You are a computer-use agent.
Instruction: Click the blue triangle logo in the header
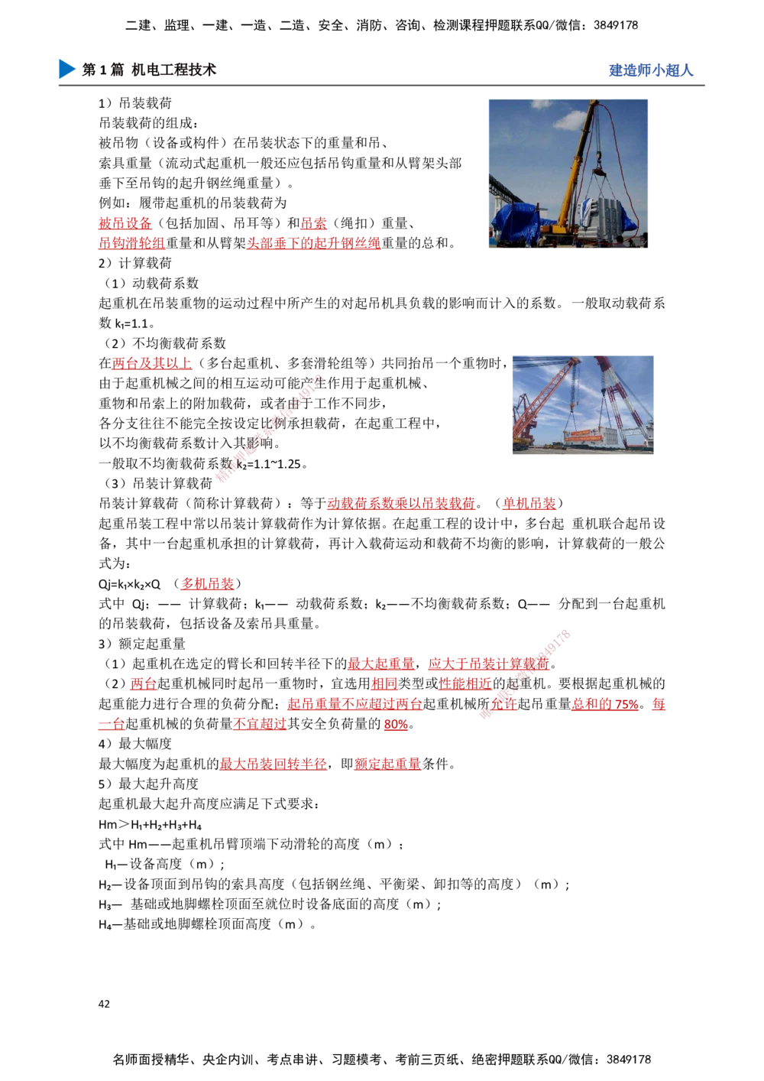coord(66,69)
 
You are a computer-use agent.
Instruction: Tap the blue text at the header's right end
coord(651,70)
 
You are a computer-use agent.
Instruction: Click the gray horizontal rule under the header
coord(382,86)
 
